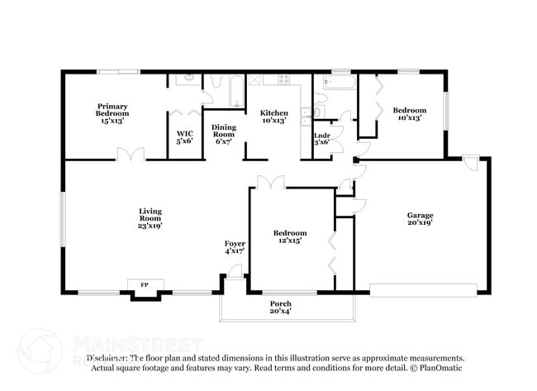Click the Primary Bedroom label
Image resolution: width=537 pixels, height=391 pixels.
(x=112, y=113)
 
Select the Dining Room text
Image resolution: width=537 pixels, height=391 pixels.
(x=224, y=134)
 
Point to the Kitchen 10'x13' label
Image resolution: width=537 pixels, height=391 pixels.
(x=273, y=117)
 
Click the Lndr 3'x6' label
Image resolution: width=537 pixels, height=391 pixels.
(x=321, y=138)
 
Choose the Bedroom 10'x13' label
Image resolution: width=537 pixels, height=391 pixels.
(x=409, y=114)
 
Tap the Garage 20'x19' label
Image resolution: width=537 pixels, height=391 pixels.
(x=420, y=217)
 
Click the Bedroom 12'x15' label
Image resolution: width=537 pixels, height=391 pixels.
(x=290, y=236)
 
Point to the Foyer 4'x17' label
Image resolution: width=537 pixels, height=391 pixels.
(x=235, y=246)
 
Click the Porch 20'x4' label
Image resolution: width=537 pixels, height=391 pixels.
(x=280, y=308)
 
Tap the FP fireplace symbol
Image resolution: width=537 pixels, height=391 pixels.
(x=145, y=285)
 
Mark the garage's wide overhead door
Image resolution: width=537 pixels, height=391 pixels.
(x=423, y=288)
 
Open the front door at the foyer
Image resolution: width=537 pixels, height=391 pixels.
(x=235, y=272)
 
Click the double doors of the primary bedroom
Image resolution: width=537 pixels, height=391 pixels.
(x=130, y=155)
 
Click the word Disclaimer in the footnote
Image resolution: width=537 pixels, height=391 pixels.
(x=108, y=358)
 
